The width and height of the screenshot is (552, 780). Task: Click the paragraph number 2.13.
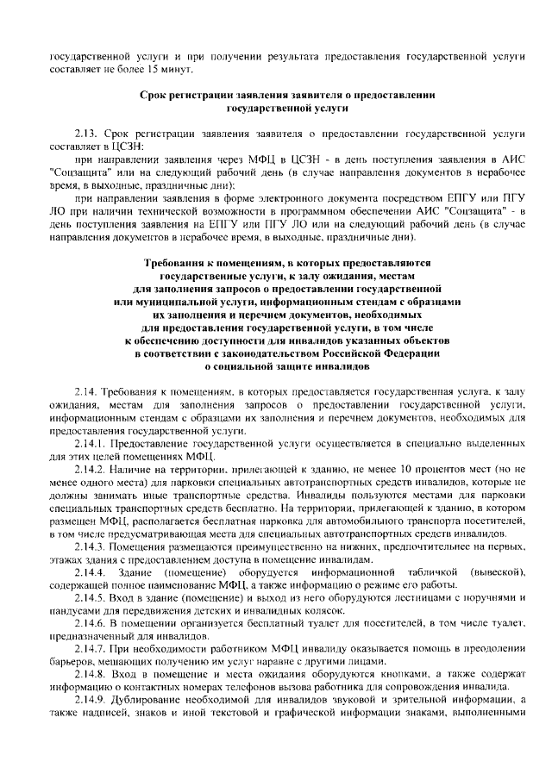tap(86, 136)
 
